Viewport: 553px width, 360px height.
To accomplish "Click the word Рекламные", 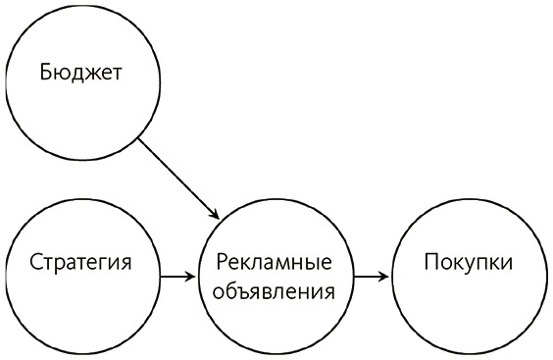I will pyautogui.click(x=275, y=263).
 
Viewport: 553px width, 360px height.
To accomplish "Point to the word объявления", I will pyautogui.click(x=275, y=291).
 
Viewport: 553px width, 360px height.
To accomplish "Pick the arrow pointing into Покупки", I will pyautogui.click(x=371, y=277).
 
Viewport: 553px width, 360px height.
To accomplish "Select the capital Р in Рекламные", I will pyautogui.click(x=220, y=263).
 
